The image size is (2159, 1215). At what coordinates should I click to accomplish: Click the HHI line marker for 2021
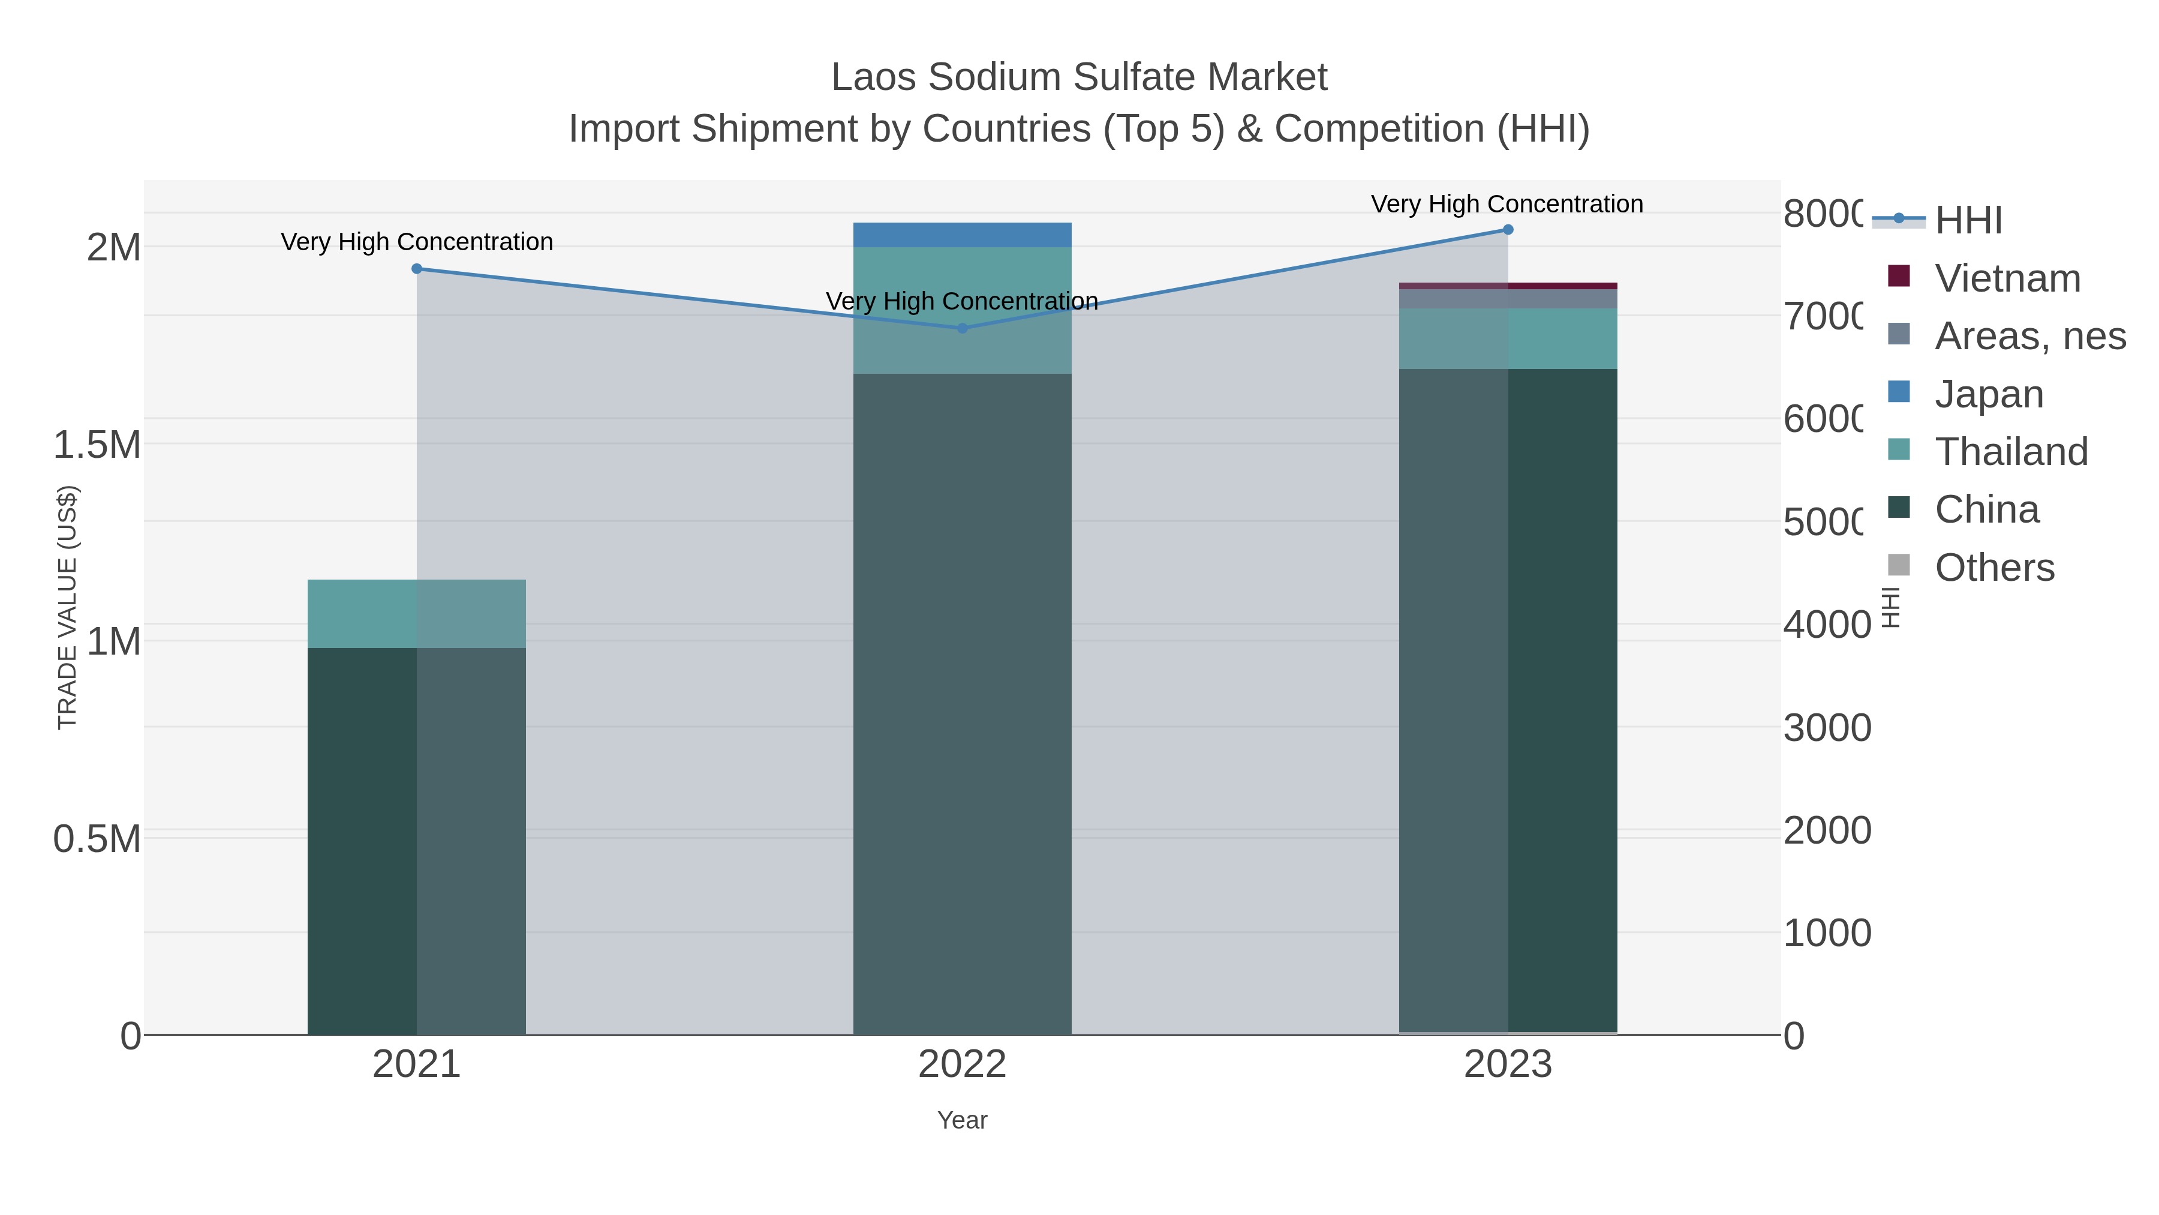[417, 268]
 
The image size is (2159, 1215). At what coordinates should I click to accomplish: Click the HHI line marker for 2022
[962, 328]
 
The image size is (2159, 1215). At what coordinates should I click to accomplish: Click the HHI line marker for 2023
[1508, 230]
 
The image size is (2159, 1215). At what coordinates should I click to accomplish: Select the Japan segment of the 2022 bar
[962, 235]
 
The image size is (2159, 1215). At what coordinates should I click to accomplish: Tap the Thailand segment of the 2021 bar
[417, 613]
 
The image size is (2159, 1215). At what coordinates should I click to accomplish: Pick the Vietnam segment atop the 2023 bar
[1508, 286]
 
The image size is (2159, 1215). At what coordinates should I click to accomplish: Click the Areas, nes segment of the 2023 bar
[1508, 299]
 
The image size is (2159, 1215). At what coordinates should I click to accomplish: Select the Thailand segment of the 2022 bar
[962, 310]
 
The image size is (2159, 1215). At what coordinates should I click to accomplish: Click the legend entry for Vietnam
[2007, 278]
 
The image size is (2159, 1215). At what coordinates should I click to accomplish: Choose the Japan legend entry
[1988, 394]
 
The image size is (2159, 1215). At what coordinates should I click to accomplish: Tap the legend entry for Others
[1994, 568]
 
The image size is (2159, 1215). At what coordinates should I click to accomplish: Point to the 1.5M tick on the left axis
[97, 445]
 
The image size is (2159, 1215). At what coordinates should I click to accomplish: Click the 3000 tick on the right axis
[1827, 728]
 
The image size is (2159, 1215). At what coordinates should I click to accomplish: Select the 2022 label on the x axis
[962, 1064]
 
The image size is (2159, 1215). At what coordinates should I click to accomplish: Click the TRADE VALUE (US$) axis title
[67, 607]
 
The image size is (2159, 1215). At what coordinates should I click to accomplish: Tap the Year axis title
[962, 1120]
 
